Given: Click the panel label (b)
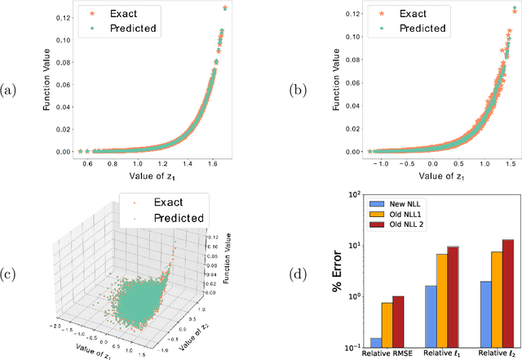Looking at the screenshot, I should [275, 91].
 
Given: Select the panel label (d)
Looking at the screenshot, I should [275, 274].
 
